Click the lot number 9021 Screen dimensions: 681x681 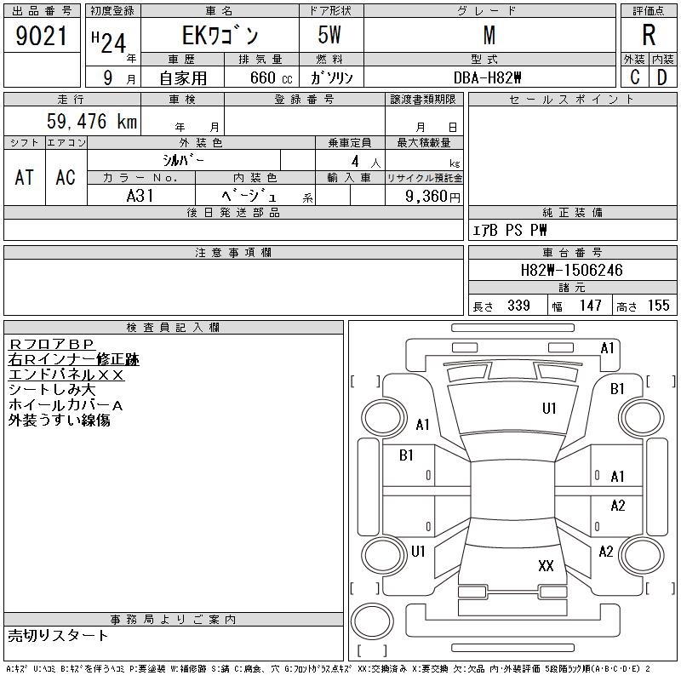click(41, 36)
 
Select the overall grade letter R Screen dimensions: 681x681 click(649, 35)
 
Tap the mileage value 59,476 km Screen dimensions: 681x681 click(92, 121)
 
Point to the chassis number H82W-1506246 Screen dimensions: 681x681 click(571, 270)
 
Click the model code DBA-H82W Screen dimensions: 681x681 click(487, 77)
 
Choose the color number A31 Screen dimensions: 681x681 click(140, 196)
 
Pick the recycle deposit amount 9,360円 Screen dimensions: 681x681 click(432, 197)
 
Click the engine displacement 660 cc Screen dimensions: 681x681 click(271, 77)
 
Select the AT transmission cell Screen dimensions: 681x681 click(25, 177)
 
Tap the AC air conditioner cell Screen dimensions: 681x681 click(66, 177)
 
